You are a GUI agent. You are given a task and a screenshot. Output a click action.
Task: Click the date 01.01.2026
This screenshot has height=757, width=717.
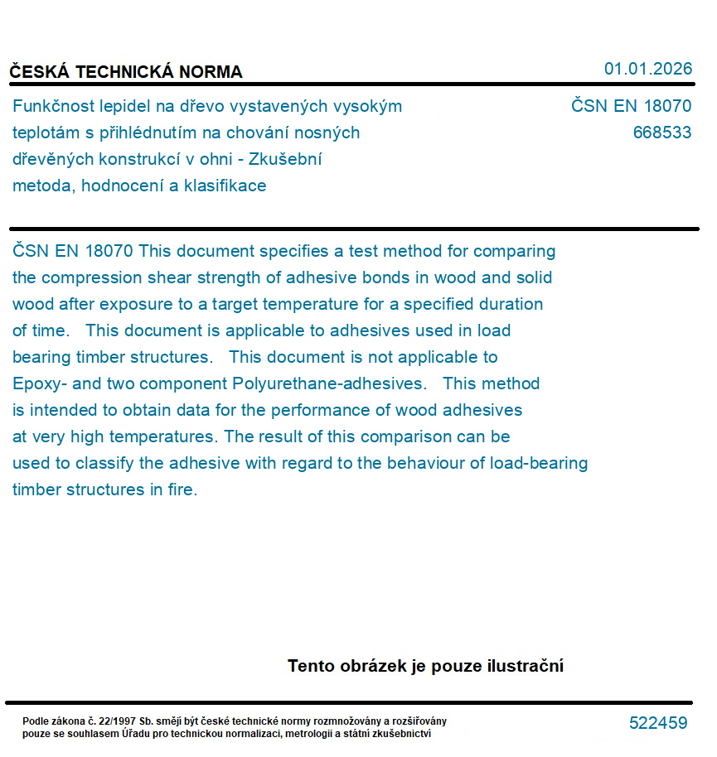(x=648, y=69)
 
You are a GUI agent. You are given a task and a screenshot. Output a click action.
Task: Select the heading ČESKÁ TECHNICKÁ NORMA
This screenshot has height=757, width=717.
(x=126, y=72)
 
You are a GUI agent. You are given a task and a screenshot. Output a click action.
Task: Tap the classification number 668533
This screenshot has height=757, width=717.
(x=661, y=133)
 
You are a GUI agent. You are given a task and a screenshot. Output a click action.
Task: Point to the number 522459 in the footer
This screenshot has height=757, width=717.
(x=658, y=723)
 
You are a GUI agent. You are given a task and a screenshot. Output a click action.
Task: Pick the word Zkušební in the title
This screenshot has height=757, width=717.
(x=292, y=159)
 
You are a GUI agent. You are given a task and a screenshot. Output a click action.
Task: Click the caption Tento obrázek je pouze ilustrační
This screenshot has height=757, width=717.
(x=425, y=666)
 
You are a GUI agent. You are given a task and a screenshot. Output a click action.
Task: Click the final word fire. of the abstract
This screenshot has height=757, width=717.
(x=182, y=489)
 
